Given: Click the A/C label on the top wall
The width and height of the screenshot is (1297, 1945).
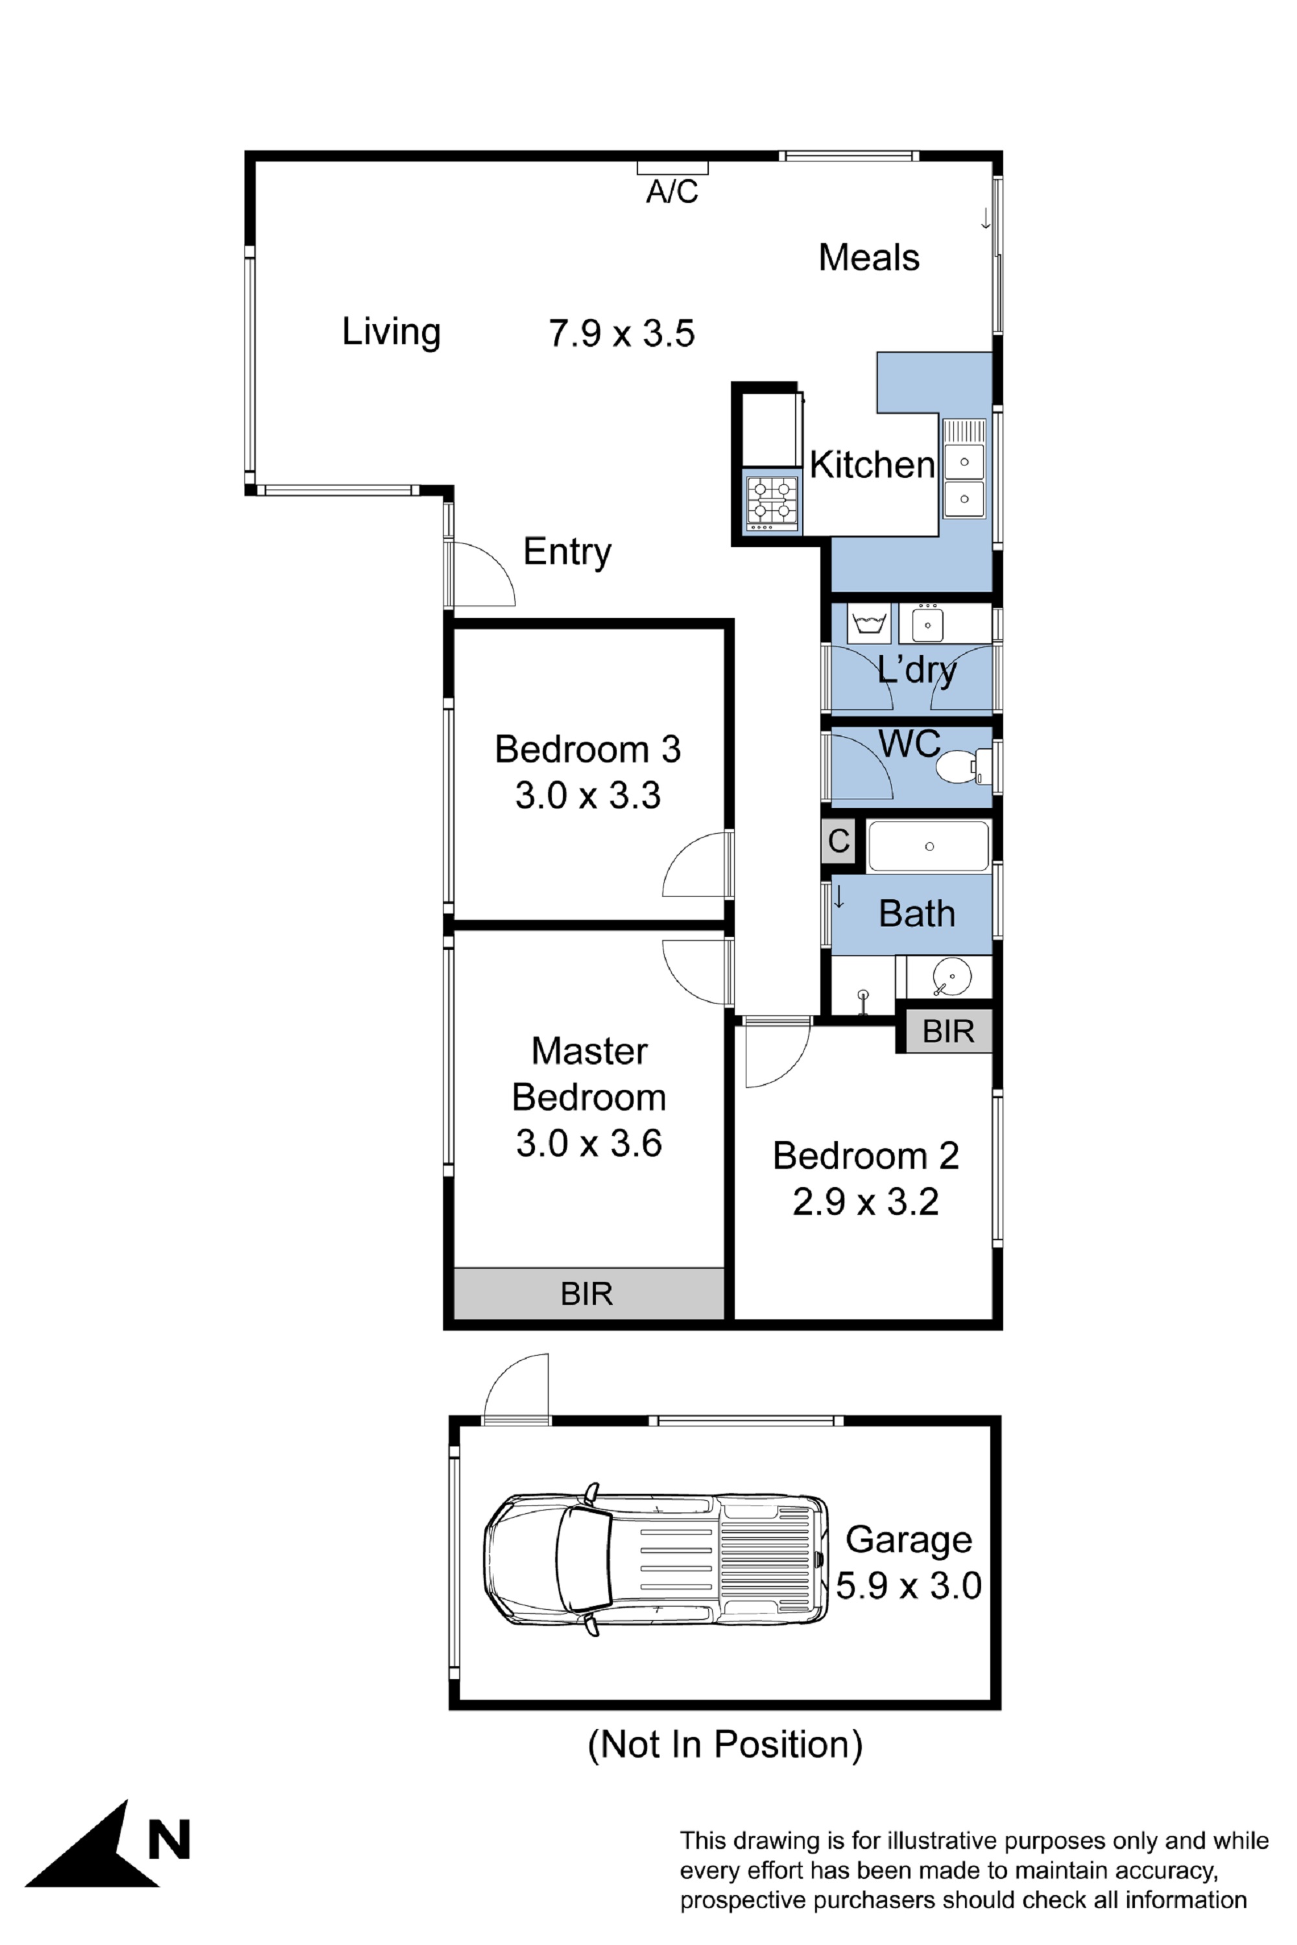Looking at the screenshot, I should (x=672, y=192).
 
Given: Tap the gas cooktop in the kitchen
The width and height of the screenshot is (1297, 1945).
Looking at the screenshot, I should (x=772, y=504).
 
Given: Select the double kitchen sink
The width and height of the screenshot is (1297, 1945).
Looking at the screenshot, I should (x=964, y=480).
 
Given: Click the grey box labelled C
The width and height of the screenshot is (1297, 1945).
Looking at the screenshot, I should (x=838, y=841).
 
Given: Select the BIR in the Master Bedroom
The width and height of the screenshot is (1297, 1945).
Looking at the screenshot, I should (x=588, y=1293).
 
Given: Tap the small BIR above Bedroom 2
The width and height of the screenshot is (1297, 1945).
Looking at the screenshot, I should (x=948, y=1031).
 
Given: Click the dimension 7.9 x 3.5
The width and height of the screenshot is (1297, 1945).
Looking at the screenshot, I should (x=621, y=333).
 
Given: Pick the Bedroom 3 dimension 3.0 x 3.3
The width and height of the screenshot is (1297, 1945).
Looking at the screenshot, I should (x=588, y=795).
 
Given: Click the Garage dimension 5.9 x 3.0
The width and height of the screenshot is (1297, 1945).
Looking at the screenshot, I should (x=909, y=1585).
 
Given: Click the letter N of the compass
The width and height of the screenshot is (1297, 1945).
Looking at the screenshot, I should (x=169, y=1840).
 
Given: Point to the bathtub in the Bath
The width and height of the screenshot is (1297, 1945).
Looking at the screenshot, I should (x=928, y=846).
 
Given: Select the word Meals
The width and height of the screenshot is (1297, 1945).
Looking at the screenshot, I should (x=868, y=257).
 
